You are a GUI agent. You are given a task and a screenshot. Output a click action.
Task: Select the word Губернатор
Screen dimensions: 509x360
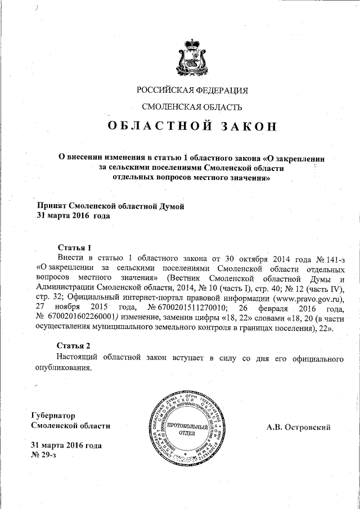pyautogui.click(x=52, y=416)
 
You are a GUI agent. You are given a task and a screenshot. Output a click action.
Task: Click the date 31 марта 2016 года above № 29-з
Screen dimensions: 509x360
pyautogui.click(x=66, y=445)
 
